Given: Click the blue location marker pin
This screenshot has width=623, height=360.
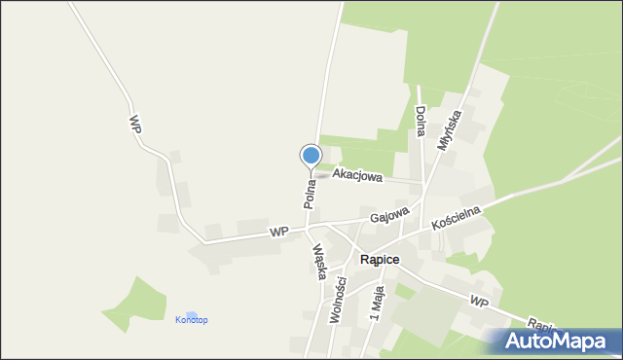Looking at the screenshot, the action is (311, 156).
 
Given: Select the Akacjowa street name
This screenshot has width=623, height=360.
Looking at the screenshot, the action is (357, 175).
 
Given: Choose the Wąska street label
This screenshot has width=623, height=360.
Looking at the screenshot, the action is (318, 261).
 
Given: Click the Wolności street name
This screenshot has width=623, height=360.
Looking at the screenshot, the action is (341, 302).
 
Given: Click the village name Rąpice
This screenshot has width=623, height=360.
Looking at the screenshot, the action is (381, 260).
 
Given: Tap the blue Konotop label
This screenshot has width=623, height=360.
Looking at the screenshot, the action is (191, 320).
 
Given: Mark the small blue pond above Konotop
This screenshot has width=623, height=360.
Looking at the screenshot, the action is (192, 313).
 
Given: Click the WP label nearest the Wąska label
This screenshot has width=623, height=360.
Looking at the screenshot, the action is (280, 232).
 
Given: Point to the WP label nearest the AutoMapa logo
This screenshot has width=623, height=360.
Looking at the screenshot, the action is (477, 303).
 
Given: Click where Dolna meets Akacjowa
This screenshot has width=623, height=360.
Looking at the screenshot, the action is (422, 183).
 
